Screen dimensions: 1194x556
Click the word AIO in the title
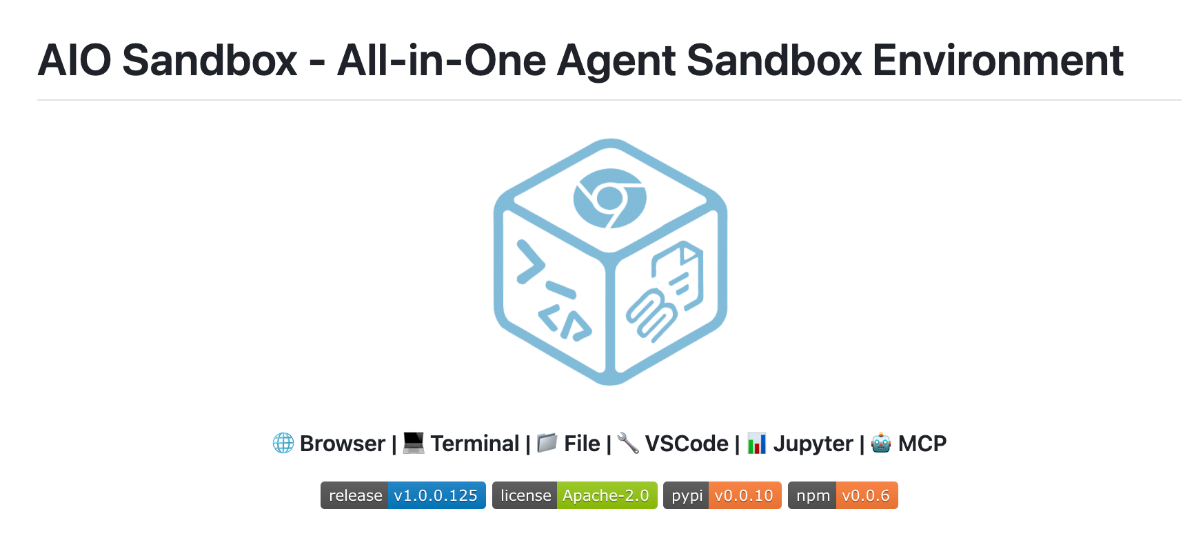(74, 61)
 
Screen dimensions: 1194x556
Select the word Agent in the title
(616, 61)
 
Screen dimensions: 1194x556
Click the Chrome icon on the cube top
(609, 198)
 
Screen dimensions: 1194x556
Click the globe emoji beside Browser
(283, 443)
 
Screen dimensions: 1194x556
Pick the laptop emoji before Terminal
(414, 443)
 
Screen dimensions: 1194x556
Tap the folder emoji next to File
(547, 443)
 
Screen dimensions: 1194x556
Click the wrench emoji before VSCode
(628, 443)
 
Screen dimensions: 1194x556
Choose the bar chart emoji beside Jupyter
(757, 443)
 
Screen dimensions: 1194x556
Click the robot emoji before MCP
(881, 443)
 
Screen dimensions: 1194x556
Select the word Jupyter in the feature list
(813, 444)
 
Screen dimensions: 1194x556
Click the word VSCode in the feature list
(687, 444)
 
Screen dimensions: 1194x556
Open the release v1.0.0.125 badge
(403, 495)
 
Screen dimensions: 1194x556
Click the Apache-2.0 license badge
(575, 495)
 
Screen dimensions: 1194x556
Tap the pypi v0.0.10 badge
(722, 495)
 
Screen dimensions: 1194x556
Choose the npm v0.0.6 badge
(843, 495)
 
